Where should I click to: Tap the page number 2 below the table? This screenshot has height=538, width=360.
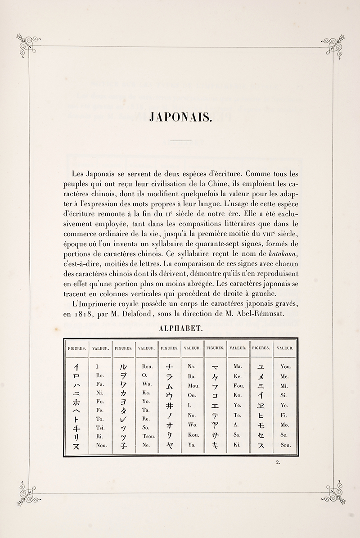279,461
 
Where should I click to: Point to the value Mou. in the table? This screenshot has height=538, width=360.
194,386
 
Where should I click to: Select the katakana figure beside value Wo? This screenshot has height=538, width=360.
168,425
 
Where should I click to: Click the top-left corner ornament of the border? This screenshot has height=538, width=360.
27,44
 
